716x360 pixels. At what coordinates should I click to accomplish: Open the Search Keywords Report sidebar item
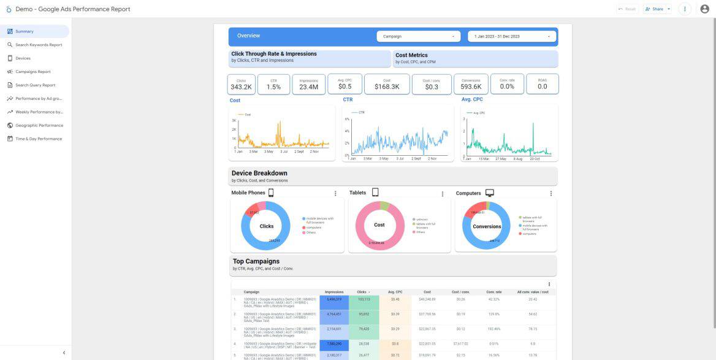tap(38, 45)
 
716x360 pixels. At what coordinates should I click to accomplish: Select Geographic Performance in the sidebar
tap(39, 126)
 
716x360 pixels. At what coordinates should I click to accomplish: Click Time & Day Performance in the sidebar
tap(38, 139)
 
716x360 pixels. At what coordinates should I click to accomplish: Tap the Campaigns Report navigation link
tap(32, 72)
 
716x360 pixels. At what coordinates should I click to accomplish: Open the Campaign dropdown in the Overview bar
tap(419, 37)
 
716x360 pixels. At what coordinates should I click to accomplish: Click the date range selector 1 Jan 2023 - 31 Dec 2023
tap(512, 37)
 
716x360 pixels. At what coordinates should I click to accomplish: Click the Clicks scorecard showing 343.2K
tap(241, 85)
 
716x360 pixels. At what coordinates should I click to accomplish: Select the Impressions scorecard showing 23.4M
tap(309, 85)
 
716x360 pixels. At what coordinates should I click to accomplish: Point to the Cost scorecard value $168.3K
tap(387, 87)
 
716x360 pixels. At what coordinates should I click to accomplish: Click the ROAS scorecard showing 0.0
tap(543, 85)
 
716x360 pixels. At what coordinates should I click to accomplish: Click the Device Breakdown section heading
tap(259, 174)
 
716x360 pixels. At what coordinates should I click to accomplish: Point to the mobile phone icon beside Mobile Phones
tap(271, 193)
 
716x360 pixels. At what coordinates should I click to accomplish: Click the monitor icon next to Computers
tap(490, 193)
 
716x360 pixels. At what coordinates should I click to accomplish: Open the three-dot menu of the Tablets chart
tap(443, 194)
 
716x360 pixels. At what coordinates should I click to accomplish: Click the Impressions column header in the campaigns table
tap(334, 292)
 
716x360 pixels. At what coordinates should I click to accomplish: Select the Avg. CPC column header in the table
tap(395, 292)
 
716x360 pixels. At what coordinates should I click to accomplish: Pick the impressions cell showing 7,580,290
tap(334, 345)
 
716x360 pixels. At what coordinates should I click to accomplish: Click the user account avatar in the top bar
tap(704, 9)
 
